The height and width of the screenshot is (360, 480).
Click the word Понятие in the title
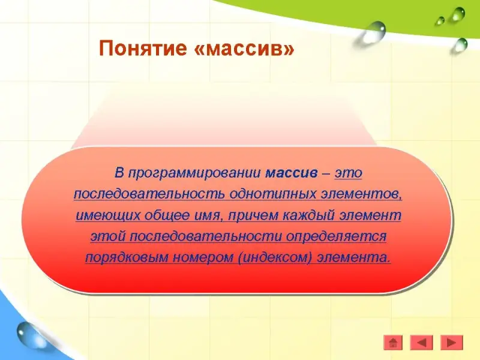click(143, 49)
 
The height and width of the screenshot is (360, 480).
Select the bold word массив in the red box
click(292, 173)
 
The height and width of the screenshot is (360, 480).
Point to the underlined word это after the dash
click(349, 173)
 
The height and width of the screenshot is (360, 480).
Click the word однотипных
click(272, 194)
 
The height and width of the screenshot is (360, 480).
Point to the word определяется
click(336, 236)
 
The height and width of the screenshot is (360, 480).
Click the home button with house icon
click(393, 342)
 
